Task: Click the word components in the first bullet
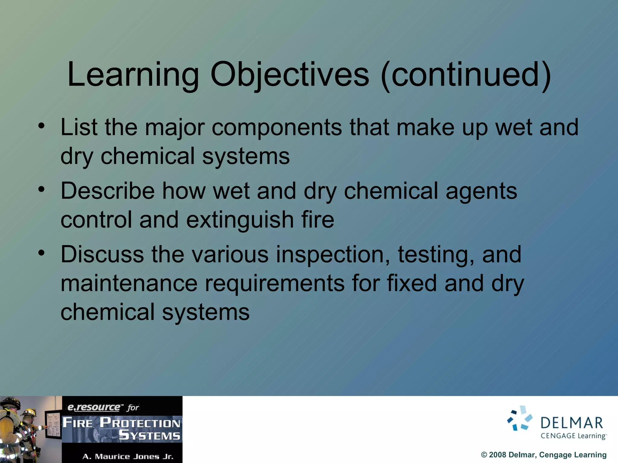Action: click(x=277, y=128)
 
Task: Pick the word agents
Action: click(x=481, y=191)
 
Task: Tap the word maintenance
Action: click(x=129, y=283)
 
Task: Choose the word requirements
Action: click(x=275, y=283)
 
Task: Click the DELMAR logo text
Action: click(x=572, y=423)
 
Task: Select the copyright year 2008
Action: click(x=497, y=455)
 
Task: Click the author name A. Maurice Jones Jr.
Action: click(x=128, y=456)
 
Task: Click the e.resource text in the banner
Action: click(x=94, y=408)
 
